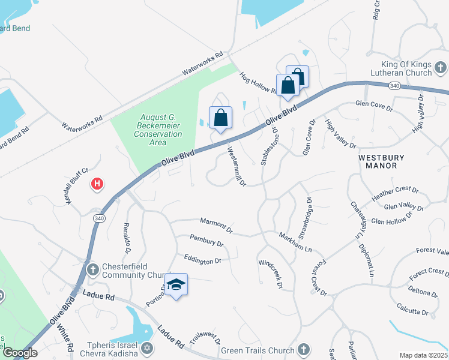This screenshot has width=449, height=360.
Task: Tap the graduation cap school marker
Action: click(176, 285)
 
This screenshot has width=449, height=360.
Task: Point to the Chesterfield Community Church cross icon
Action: click(93, 269)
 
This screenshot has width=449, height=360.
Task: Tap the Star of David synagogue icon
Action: click(146, 349)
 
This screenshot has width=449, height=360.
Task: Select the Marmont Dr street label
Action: click(217, 225)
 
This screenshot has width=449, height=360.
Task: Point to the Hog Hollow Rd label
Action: click(258, 83)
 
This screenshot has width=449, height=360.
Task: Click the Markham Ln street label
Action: click(295, 242)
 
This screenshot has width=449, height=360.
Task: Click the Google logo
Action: click(20, 353)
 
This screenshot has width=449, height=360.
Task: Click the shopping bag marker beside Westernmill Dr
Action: click(220, 118)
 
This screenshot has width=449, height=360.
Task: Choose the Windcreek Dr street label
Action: click(270, 273)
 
